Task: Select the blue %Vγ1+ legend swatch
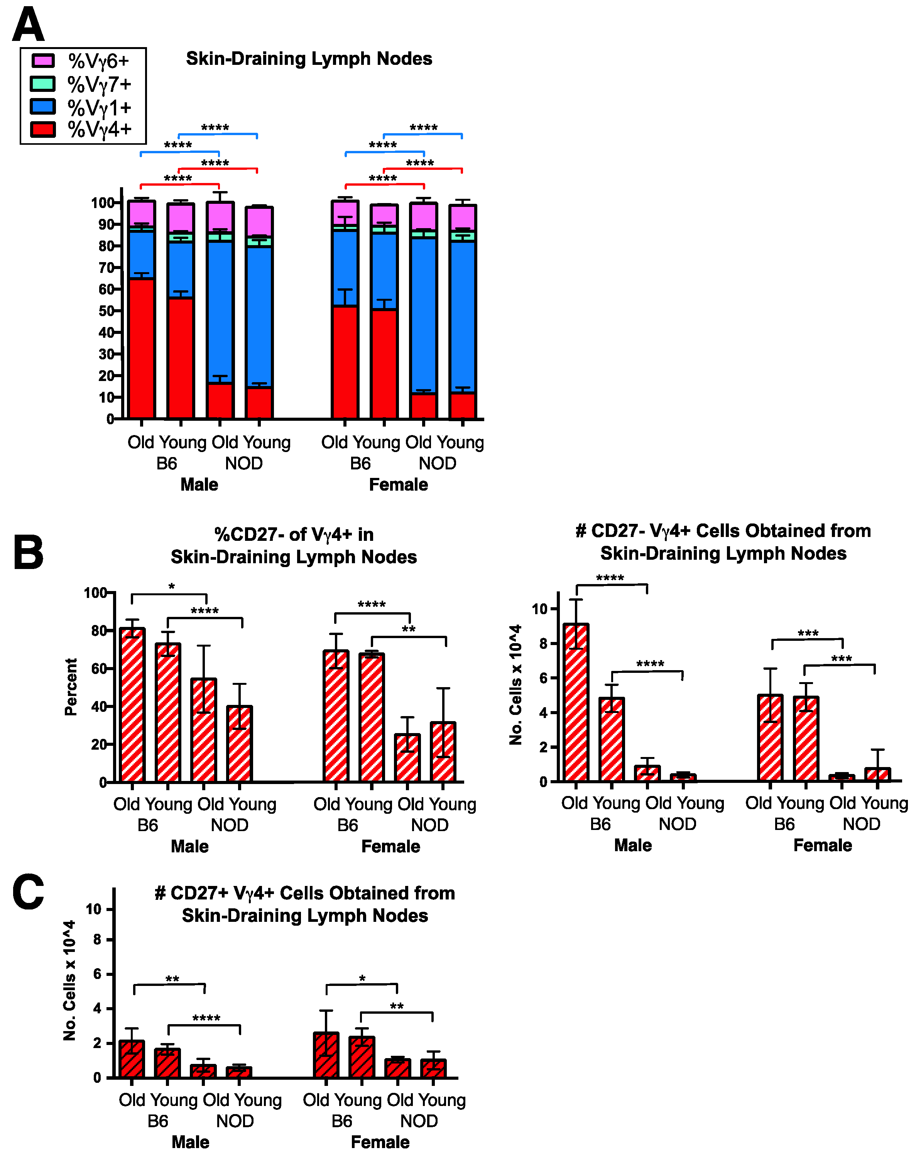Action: click(43, 106)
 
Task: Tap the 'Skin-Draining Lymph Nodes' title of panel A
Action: click(309, 58)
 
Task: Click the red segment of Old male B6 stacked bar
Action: click(141, 348)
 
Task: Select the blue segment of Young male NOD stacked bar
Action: click(259, 316)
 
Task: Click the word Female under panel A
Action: click(398, 484)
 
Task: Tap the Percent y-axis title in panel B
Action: click(71, 687)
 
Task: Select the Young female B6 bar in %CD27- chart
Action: click(372, 718)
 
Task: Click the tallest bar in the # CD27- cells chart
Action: click(576, 702)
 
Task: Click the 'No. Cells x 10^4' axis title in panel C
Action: click(69, 981)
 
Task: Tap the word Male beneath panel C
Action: click(191, 1142)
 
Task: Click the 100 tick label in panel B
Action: click(95, 593)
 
